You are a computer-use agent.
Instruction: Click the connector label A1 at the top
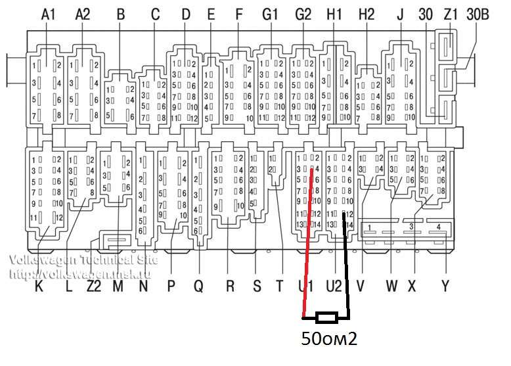coord(49,14)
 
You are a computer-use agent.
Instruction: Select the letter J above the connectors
coord(400,14)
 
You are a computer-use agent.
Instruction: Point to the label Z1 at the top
coord(451,14)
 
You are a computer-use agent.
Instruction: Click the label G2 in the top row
coord(303,14)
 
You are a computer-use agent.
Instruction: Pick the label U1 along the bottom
coord(305,286)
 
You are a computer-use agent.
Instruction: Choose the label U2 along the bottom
coord(335,286)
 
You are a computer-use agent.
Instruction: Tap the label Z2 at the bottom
coord(94,286)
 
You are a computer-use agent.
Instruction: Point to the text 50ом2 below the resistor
coord(328,340)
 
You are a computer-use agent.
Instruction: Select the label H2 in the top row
coord(367,14)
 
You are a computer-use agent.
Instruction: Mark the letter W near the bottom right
coord(392,286)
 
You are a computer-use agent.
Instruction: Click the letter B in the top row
coord(120,14)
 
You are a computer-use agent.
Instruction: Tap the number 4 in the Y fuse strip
coord(439,227)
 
